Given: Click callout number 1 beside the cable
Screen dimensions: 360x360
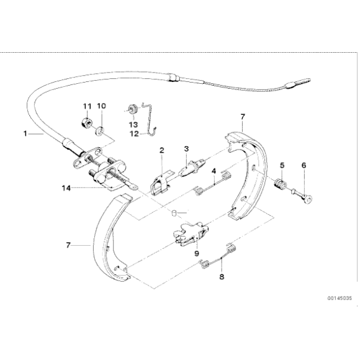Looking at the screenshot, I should (x=25, y=133).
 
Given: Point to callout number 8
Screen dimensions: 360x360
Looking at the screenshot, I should (x=220, y=277).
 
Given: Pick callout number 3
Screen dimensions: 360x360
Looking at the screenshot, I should (x=185, y=150).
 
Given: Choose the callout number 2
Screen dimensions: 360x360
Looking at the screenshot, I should (x=161, y=150).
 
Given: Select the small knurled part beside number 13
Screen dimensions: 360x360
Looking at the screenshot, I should (x=131, y=110).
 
